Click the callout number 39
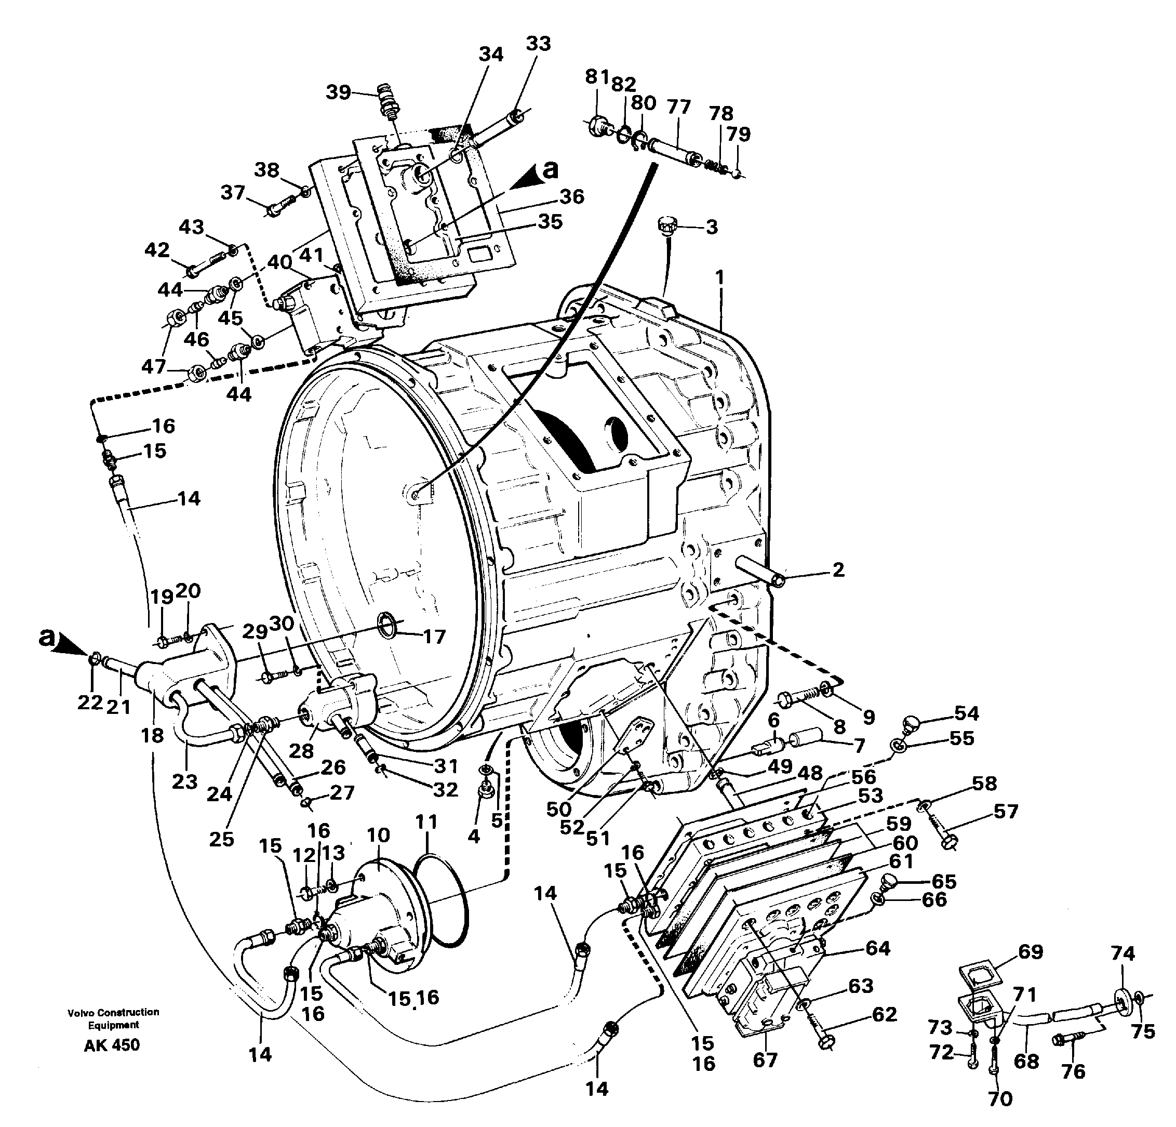click(x=338, y=92)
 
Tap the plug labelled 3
click(x=666, y=226)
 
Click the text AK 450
click(x=112, y=1045)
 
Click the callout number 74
click(x=1122, y=953)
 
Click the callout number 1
click(x=719, y=278)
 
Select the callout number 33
click(x=538, y=44)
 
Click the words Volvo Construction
click(x=113, y=1012)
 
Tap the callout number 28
click(x=301, y=750)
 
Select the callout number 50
click(x=558, y=810)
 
